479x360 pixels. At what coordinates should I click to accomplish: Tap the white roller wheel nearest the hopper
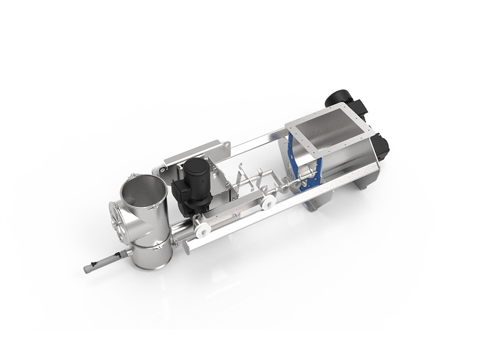[x=268, y=203]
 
